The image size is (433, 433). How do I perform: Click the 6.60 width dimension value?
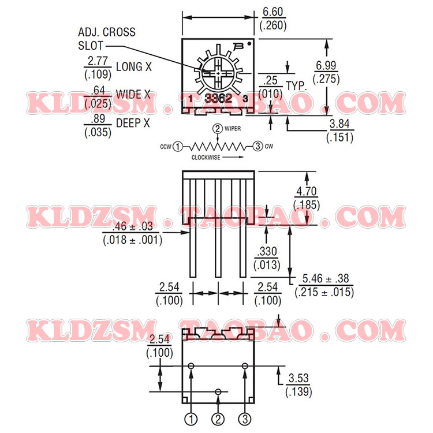click(274, 12)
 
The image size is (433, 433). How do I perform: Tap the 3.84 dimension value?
click(339, 124)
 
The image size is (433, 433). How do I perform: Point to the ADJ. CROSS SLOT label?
click(106, 39)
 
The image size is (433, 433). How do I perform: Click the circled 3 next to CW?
click(257, 147)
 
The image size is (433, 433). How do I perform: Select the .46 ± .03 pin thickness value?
click(132, 226)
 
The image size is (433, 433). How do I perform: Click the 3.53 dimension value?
click(298, 379)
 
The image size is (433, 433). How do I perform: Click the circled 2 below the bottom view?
click(218, 418)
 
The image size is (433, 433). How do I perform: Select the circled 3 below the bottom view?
click(244, 418)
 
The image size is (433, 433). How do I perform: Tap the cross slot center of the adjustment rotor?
click(217, 73)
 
